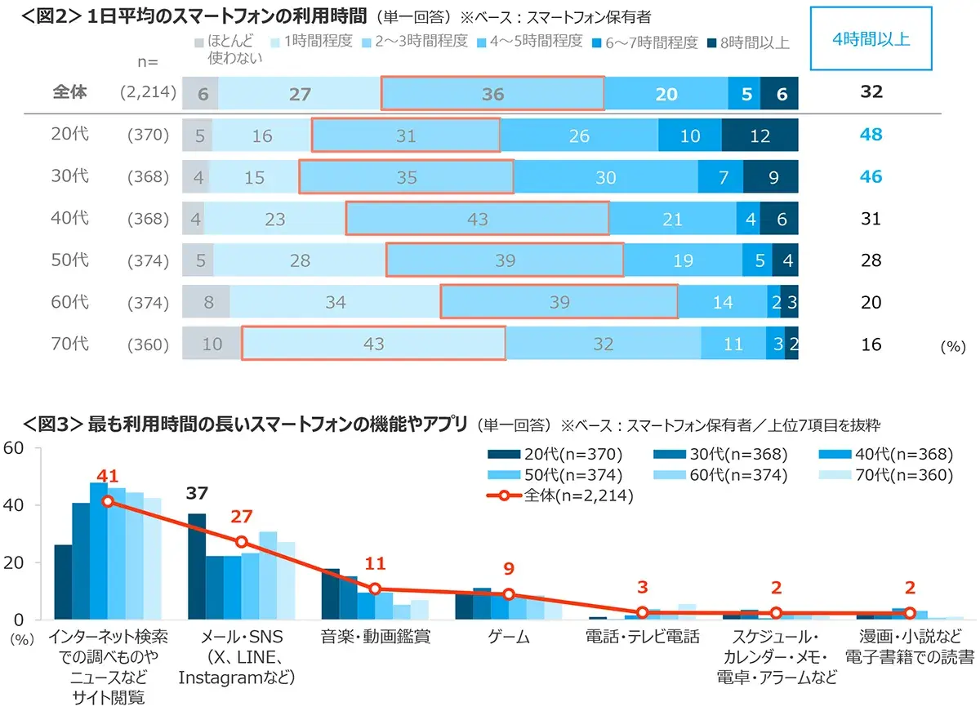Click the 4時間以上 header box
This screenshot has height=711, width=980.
871,38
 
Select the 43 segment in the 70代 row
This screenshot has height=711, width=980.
373,344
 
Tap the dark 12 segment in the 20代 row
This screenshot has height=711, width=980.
759,136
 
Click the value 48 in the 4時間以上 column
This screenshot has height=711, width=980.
871,135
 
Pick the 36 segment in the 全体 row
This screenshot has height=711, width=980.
492,94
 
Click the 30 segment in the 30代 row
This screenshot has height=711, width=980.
605,177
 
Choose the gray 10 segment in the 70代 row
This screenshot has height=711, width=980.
212,344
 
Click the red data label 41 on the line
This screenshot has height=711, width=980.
108,476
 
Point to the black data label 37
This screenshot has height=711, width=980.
197,493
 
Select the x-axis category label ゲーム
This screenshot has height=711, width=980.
508,637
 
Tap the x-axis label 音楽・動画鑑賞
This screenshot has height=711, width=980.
375,637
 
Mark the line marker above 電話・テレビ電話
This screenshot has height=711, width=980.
642,611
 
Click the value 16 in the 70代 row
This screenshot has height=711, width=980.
871,344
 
